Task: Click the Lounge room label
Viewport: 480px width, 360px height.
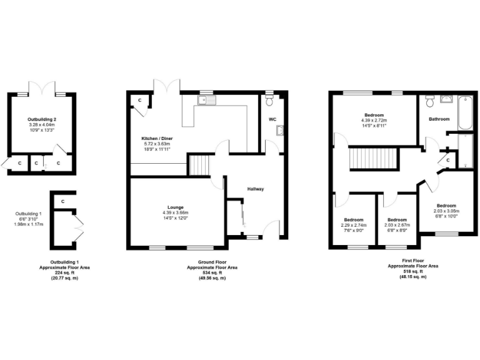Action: point(175,206)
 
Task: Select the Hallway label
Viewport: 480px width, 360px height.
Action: point(256,189)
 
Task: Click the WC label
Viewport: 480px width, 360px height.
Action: point(272,119)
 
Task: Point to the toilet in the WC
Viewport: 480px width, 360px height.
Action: point(270,99)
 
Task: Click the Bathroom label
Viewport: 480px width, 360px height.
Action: point(438,119)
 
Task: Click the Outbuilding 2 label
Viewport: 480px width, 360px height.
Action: point(42,119)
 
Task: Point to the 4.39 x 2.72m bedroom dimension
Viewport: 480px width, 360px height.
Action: point(376,121)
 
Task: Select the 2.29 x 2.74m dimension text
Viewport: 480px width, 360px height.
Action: point(353,225)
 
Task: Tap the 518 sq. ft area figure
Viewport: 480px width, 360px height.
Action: point(413,271)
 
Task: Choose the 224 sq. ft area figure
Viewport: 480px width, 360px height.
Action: point(64,272)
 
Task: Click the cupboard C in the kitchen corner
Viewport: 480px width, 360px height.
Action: point(139,101)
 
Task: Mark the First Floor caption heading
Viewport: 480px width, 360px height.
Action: point(413,261)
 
